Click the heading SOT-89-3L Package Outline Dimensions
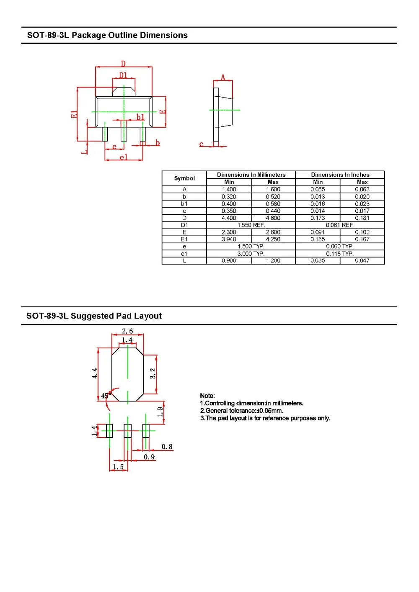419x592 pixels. pyautogui.click(x=107, y=35)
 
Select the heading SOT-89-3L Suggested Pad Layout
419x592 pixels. pyautogui.click(x=94, y=316)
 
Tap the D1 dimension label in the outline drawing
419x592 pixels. pyautogui.click(x=123, y=75)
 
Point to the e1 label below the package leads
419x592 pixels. pyautogui.click(x=123, y=157)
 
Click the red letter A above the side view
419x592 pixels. pyautogui.click(x=223, y=77)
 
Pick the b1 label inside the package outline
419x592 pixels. pyautogui.click(x=140, y=117)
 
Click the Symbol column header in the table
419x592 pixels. pyautogui.click(x=184, y=178)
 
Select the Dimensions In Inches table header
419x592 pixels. pyautogui.click(x=340, y=175)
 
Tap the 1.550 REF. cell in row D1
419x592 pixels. pyautogui.click(x=251, y=225)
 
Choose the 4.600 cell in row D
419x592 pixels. pyautogui.click(x=273, y=218)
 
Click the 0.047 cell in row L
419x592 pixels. pyautogui.click(x=362, y=260)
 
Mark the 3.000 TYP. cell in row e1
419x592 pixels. pyautogui.click(x=251, y=253)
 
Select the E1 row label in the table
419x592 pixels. pyautogui.click(x=184, y=239)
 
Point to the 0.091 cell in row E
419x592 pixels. pyautogui.click(x=318, y=232)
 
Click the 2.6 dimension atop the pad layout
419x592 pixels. pyautogui.click(x=127, y=331)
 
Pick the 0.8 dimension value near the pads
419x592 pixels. pyautogui.click(x=167, y=447)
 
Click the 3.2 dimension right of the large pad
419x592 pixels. pyautogui.click(x=153, y=373)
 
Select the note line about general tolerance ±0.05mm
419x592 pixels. pyautogui.click(x=242, y=410)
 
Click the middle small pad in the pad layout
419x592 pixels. pyautogui.click(x=127, y=431)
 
